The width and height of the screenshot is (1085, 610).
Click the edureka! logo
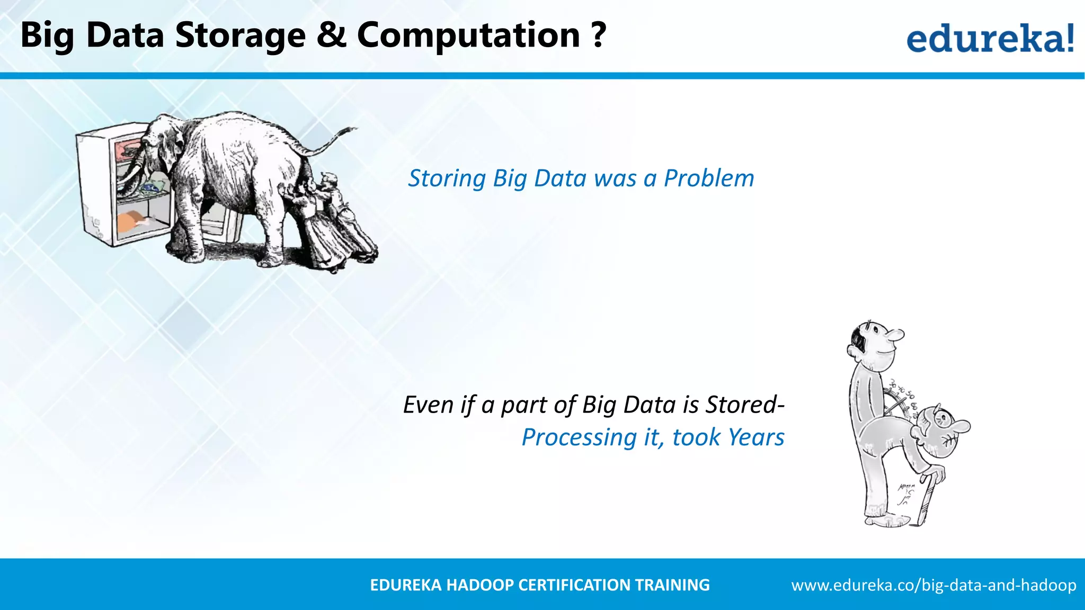click(990, 38)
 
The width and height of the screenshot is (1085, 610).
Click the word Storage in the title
click(240, 36)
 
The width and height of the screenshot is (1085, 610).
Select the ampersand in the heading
click(331, 35)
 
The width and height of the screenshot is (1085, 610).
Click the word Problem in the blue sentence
click(709, 178)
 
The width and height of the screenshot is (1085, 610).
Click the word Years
click(755, 437)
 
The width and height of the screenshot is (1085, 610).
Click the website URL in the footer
click(933, 585)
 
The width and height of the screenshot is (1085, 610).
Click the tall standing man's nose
click(897, 335)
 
